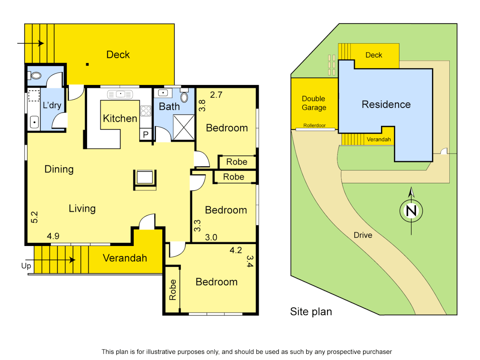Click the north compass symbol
click(411, 211)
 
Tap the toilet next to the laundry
click(36, 76)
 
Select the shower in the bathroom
click(184, 127)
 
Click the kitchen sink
click(120, 94)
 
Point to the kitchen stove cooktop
click(146, 111)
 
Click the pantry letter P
click(146, 135)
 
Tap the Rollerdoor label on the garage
click(314, 126)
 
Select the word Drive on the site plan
click(363, 235)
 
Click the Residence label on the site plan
click(386, 105)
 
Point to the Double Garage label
click(314, 103)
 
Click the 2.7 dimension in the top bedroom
click(216, 95)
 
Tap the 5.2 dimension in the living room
click(34, 217)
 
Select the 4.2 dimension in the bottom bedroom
click(236, 250)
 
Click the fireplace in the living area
click(145, 178)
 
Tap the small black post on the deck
click(87, 64)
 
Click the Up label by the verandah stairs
click(26, 266)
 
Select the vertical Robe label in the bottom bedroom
click(173, 290)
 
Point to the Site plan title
click(311, 312)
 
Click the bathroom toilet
click(184, 97)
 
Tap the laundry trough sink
click(34, 122)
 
